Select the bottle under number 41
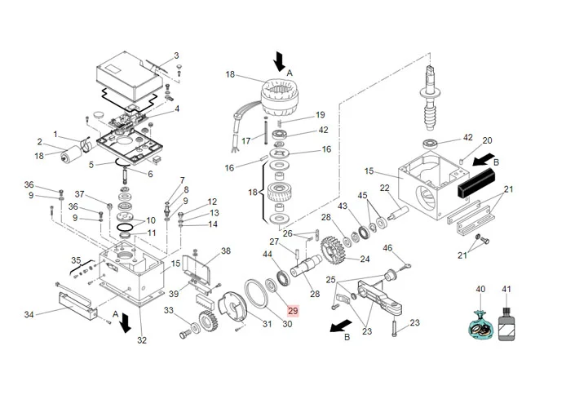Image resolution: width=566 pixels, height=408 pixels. [507, 323]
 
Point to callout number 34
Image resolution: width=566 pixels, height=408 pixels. [29, 314]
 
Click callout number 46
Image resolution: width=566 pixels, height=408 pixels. [387, 248]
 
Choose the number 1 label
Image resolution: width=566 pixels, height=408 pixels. [55, 134]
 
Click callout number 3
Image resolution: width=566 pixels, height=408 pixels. [175, 56]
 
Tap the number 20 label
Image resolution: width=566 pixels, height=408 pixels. [488, 141]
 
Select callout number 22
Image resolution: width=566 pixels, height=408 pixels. [384, 189]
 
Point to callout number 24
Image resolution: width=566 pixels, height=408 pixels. [365, 259]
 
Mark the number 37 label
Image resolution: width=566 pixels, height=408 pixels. [80, 194]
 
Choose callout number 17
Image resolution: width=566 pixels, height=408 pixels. [245, 140]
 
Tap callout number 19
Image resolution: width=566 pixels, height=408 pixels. [321, 115]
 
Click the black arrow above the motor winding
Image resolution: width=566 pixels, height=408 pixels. [280, 60]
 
